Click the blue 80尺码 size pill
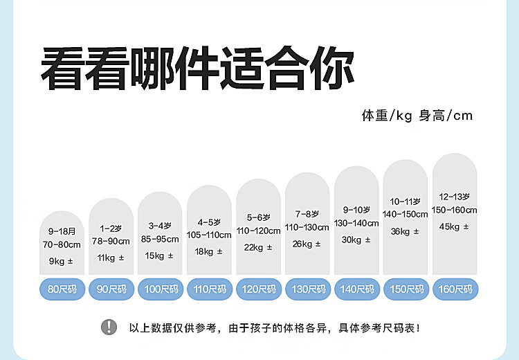tap(62, 289)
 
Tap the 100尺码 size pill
tap(161, 289)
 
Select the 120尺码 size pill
tap(259, 289)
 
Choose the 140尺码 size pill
tap(357, 289)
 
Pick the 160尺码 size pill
tap(455, 289)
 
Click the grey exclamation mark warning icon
tap(109, 327)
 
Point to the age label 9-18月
tap(62, 231)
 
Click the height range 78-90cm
tap(111, 241)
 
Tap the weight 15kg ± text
tap(159, 255)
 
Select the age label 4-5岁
tap(209, 222)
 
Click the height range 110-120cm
tap(259, 231)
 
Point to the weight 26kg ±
tap(307, 244)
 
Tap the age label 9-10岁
tap(356, 210)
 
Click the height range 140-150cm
tap(405, 215)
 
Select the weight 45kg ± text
tap(454, 226)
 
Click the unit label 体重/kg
tap(387, 116)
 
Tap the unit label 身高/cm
tap(446, 116)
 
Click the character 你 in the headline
tap(332, 69)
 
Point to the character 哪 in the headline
tap(153, 69)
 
